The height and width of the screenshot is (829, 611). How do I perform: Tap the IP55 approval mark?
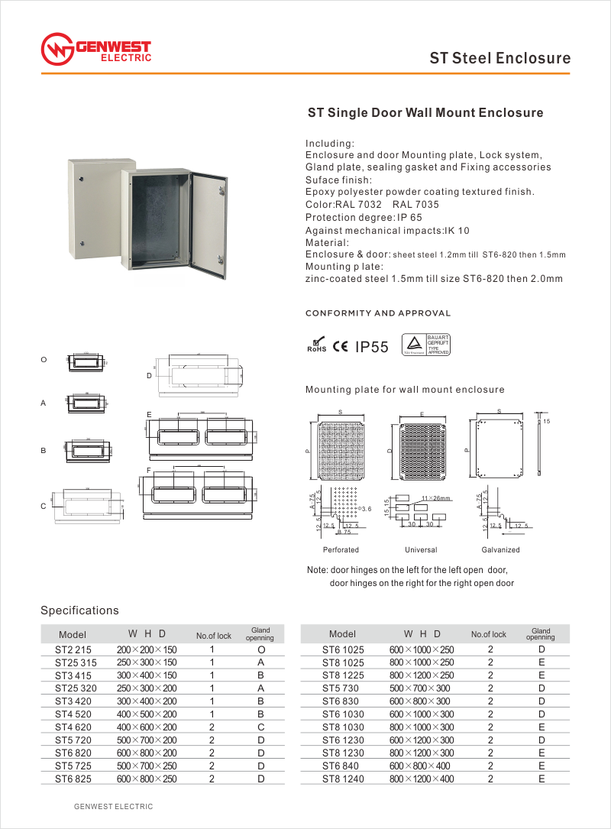tap(372, 348)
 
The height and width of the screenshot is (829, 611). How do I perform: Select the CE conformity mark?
tap(341, 348)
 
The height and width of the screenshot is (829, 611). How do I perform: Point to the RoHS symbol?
tap(316, 346)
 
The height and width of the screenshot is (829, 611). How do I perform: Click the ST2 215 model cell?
tap(73, 649)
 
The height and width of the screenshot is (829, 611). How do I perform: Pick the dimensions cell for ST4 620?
tap(147, 727)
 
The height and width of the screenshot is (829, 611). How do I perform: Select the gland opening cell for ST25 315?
tap(260, 662)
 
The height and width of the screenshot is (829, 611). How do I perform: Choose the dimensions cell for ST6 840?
tap(421, 766)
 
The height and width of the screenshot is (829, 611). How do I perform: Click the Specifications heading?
tap(79, 610)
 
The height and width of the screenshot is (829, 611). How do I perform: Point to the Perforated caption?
tap(341, 550)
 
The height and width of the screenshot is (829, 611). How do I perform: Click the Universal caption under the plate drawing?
tap(421, 550)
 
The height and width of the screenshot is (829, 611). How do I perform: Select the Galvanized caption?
tap(501, 550)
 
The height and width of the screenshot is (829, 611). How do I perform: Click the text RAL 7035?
tap(415, 205)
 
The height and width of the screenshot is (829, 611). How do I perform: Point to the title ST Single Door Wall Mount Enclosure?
tap(425, 113)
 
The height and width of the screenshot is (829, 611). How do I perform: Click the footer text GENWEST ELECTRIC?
tap(113, 807)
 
